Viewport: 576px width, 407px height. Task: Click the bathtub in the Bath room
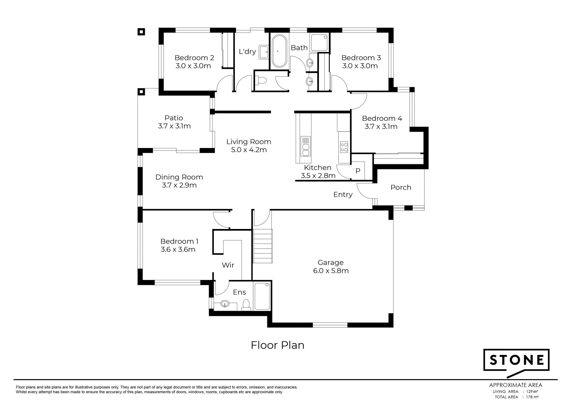pos(279,51)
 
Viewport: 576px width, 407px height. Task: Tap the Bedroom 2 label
pos(194,58)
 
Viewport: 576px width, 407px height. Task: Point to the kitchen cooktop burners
pos(344,147)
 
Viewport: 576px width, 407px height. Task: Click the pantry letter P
pos(358,171)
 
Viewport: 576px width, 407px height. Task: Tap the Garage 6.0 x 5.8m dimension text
pos(331,271)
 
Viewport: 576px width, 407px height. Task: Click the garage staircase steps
pos(263,246)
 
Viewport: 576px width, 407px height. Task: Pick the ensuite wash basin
pos(224,304)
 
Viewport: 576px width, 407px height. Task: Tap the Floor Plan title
pos(277,345)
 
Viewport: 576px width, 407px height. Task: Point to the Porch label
pos(401,187)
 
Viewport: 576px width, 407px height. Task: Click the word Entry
pos(343,195)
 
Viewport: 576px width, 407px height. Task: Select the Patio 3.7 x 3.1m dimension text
pos(174,126)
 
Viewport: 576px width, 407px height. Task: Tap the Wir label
pos(228,265)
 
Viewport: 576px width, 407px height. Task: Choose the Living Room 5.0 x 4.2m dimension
pos(249,150)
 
